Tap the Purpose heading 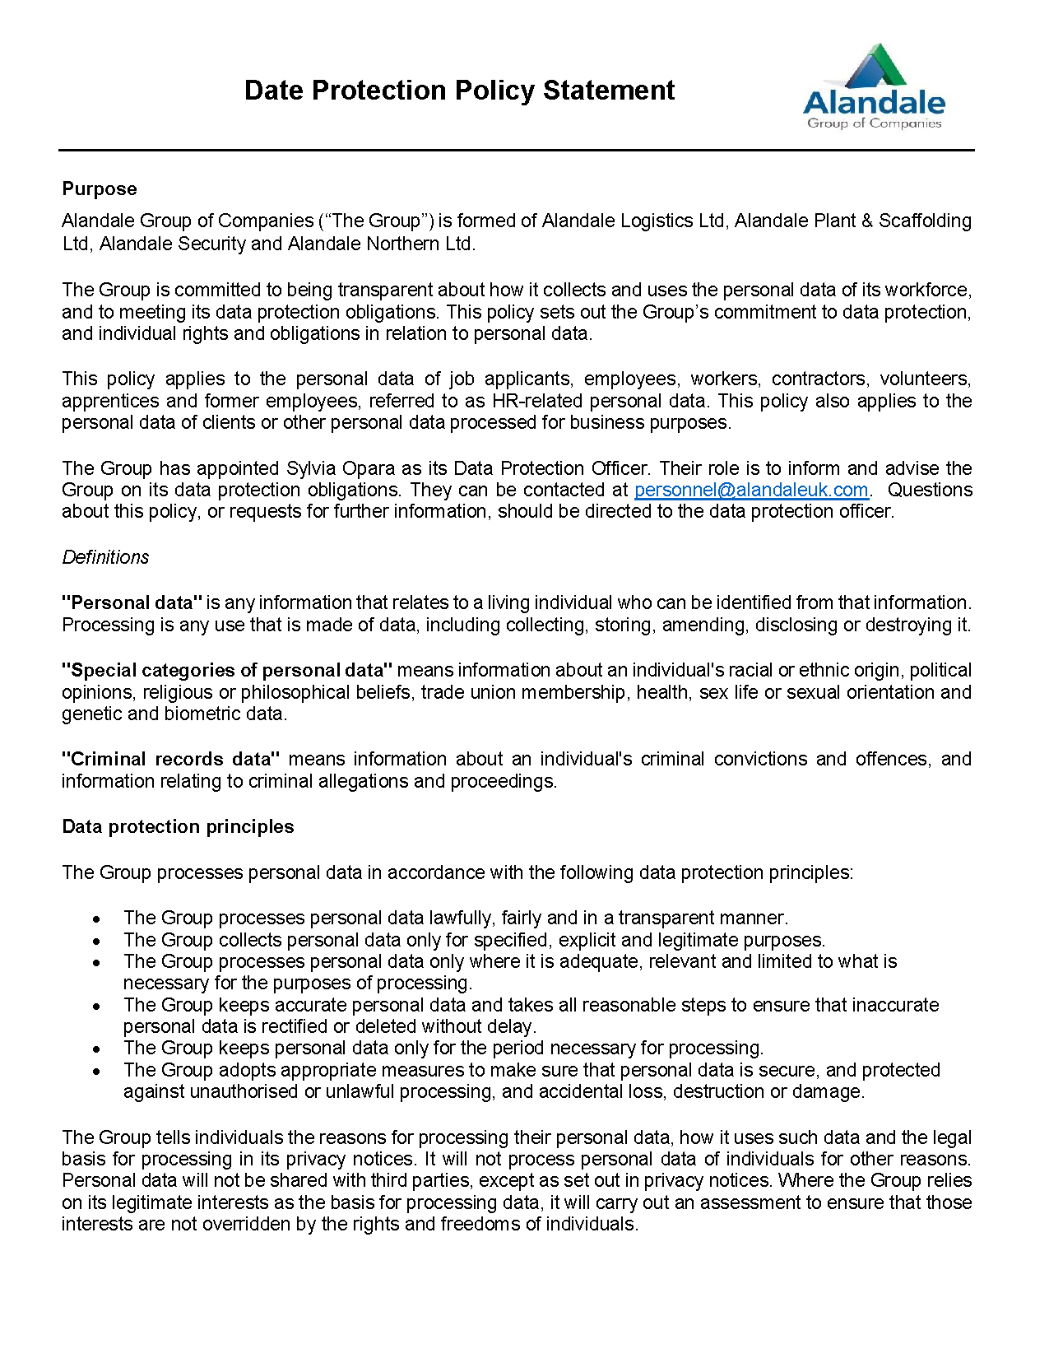tap(100, 189)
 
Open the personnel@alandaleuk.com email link tap(751, 491)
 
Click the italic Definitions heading tap(105, 557)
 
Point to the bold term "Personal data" tap(132, 603)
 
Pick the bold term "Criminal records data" tap(171, 759)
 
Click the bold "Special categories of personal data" tap(228, 671)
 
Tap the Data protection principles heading tap(178, 827)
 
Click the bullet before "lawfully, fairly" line tap(97, 919)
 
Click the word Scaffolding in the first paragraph tap(925, 221)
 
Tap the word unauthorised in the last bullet tap(244, 1092)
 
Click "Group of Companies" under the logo tap(874, 123)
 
